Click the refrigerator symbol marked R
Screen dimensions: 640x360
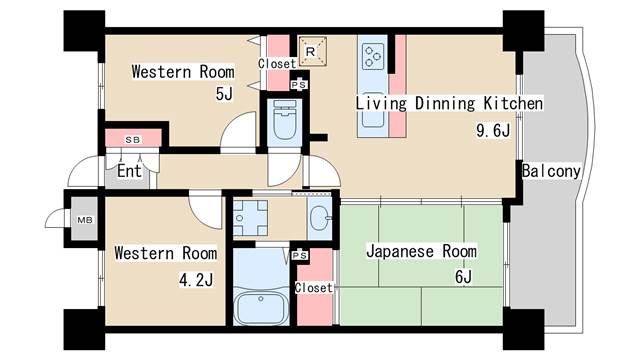pyautogui.click(x=313, y=51)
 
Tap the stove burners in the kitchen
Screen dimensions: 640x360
pyautogui.click(x=374, y=56)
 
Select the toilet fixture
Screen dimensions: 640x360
pyautogui.click(x=284, y=120)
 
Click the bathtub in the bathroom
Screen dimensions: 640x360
pyautogui.click(x=261, y=306)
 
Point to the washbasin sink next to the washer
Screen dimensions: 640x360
pyautogui.click(x=320, y=219)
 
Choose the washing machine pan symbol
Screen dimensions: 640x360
pyautogui.click(x=250, y=218)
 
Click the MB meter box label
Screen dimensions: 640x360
pyautogui.click(x=85, y=220)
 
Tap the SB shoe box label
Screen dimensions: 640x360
pyautogui.click(x=132, y=140)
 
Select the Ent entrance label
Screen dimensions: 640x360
pyautogui.click(x=129, y=171)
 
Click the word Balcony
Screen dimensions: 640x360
pyautogui.click(x=551, y=171)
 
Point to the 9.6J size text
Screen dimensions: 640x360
pyautogui.click(x=493, y=131)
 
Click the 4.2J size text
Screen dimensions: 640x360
pyautogui.click(x=196, y=280)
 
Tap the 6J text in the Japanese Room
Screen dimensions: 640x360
pyautogui.click(x=463, y=277)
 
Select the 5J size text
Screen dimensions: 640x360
pyautogui.click(x=224, y=94)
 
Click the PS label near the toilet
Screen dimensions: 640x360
pyautogui.click(x=299, y=85)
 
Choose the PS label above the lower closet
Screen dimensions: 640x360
pyautogui.click(x=300, y=256)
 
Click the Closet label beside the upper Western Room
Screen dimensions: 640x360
pyautogui.click(x=277, y=64)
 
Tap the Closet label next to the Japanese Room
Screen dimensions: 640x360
pyautogui.click(x=313, y=288)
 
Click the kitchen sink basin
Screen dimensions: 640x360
pyautogui.click(x=372, y=109)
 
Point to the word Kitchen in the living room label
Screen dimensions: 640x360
pyautogui.click(x=513, y=103)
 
